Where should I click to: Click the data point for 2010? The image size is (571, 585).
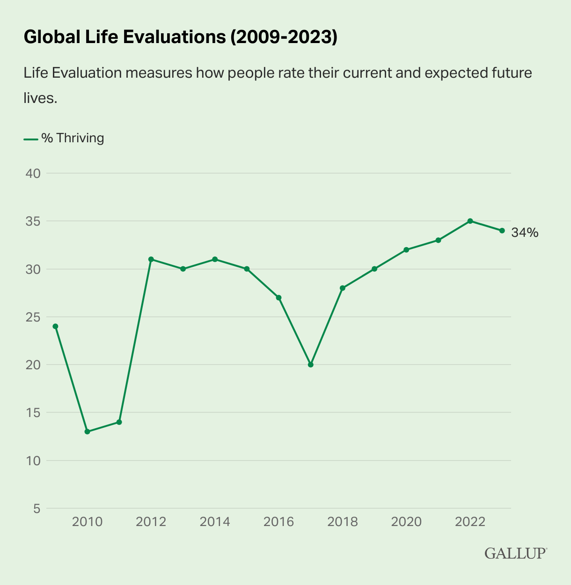point(87,431)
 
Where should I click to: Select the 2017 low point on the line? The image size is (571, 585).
point(311,365)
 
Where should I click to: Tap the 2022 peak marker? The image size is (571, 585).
point(470,221)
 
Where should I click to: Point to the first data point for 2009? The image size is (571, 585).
point(55,326)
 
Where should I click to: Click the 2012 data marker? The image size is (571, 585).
point(151,259)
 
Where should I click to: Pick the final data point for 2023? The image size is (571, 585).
point(502,231)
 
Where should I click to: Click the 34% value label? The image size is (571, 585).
point(525,233)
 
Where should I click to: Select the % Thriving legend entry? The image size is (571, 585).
point(64,138)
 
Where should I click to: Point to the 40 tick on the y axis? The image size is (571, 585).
point(33,174)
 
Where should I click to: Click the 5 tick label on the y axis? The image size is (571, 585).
point(37,509)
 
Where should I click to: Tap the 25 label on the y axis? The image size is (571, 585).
point(33,317)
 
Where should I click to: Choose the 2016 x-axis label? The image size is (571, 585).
point(278,521)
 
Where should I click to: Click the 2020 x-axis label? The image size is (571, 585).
point(406,521)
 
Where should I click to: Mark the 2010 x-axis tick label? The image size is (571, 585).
point(87,521)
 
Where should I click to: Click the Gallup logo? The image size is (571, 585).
point(516,553)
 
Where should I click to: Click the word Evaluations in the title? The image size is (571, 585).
point(175,37)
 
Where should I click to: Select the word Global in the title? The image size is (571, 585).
point(52,37)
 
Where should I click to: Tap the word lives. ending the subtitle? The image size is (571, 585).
point(40,98)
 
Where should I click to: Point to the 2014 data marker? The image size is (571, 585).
point(215,259)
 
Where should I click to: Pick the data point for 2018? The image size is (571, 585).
point(343,288)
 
